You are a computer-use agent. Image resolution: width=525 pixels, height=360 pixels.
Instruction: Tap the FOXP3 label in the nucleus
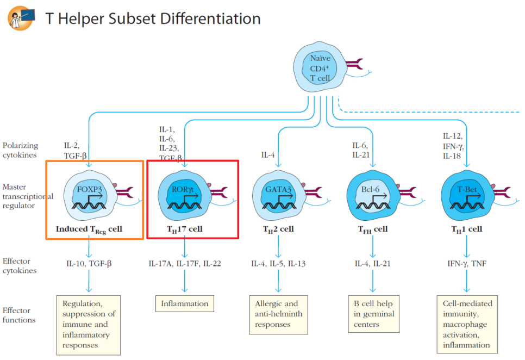(x=89, y=189)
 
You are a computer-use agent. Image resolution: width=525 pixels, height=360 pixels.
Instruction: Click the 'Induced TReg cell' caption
(x=89, y=229)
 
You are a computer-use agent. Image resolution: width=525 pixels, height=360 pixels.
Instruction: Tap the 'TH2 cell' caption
(x=278, y=229)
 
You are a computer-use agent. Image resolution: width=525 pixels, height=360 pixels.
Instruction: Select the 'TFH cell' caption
(x=373, y=229)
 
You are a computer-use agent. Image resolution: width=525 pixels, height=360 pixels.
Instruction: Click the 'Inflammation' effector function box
(x=184, y=303)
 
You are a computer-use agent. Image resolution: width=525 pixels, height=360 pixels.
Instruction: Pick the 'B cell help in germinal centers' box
(x=373, y=314)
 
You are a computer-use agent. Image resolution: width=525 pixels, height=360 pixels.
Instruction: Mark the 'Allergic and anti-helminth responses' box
(x=279, y=314)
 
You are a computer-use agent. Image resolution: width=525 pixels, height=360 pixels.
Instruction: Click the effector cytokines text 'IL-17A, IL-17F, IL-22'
(x=185, y=264)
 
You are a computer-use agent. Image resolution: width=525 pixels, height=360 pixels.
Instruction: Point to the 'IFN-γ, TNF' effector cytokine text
(x=467, y=264)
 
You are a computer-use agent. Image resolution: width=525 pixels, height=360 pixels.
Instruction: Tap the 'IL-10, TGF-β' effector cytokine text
(x=89, y=264)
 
